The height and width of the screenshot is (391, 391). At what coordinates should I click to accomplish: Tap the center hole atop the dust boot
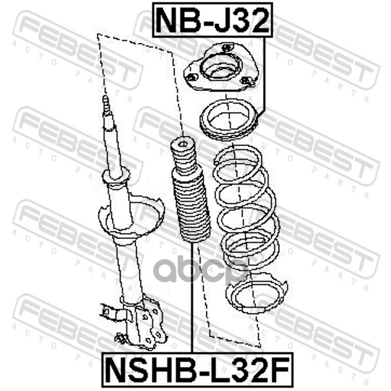(x=183, y=144)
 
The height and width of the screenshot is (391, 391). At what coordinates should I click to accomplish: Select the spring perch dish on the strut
(x=131, y=215)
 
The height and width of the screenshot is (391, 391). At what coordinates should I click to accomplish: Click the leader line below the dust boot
(x=192, y=297)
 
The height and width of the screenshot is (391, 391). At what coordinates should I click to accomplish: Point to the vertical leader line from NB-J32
(x=264, y=75)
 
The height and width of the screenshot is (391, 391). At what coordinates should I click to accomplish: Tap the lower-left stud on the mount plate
(x=192, y=77)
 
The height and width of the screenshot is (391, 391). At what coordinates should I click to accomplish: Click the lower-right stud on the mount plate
(x=248, y=80)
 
